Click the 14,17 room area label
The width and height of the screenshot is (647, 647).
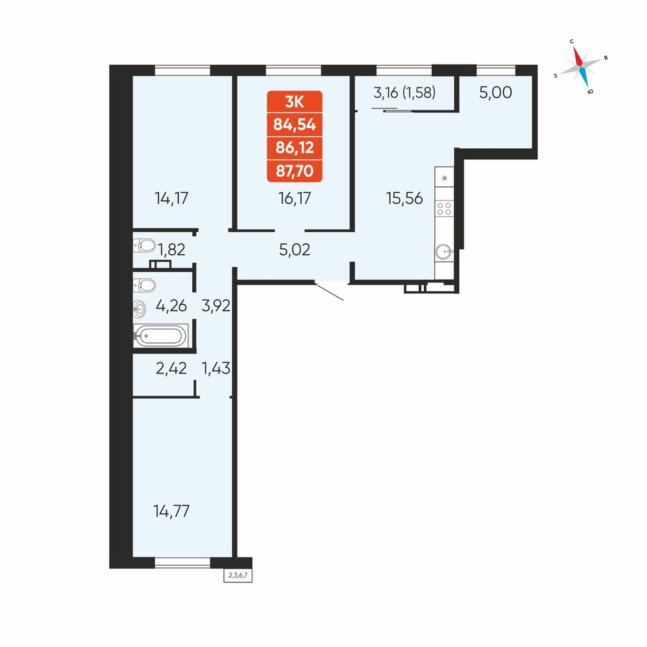click(171, 199)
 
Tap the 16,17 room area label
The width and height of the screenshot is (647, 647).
click(294, 199)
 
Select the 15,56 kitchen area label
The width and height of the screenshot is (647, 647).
click(404, 199)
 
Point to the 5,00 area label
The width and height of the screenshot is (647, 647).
click(496, 93)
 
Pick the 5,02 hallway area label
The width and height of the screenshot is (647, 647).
click(294, 250)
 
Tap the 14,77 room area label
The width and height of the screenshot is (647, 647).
click(171, 511)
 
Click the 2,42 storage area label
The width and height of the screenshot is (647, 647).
click(171, 367)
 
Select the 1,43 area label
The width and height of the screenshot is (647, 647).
click(216, 367)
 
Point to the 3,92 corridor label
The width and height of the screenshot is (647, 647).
click(216, 306)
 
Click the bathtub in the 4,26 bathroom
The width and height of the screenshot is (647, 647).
click(160, 336)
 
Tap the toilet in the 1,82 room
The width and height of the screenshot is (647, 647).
click(144, 245)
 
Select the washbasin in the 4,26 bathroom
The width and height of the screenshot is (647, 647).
click(140, 309)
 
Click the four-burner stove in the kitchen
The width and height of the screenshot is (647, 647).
click(444, 208)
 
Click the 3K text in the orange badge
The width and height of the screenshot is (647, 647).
click(294, 102)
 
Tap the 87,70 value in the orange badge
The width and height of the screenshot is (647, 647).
click(294, 170)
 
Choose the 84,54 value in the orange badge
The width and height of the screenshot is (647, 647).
click(294, 124)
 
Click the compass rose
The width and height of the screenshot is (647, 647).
click(581, 67)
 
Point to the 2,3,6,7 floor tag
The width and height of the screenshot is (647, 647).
click(238, 575)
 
